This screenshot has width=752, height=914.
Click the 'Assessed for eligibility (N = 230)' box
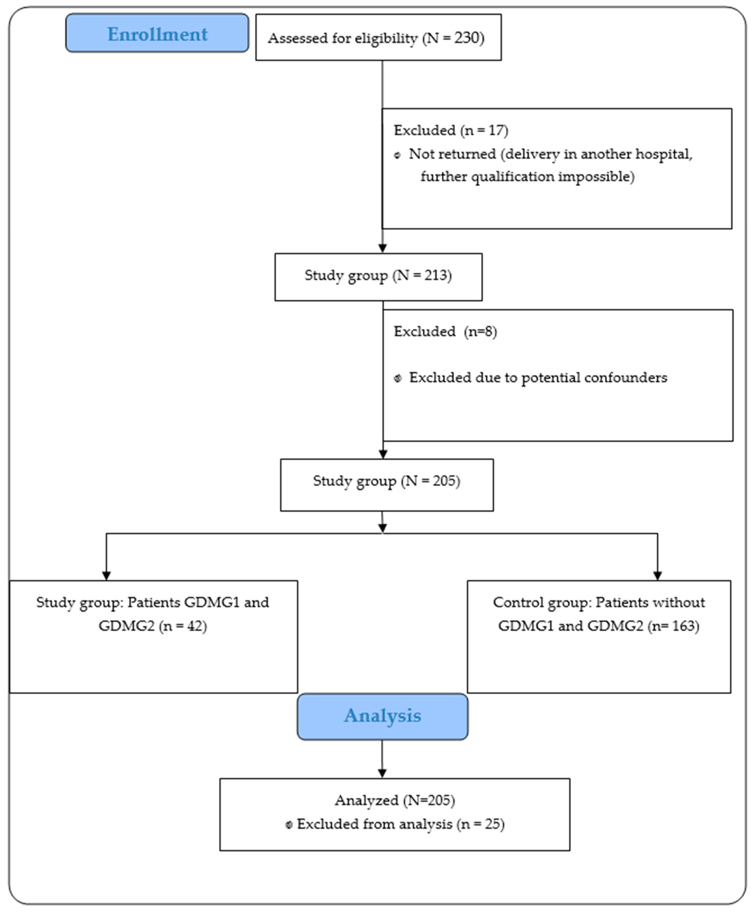[378, 38]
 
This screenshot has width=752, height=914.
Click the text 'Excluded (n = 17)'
[451, 130]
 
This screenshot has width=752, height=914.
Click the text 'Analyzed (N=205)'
[395, 800]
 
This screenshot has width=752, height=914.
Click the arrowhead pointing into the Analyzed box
[382, 773]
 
